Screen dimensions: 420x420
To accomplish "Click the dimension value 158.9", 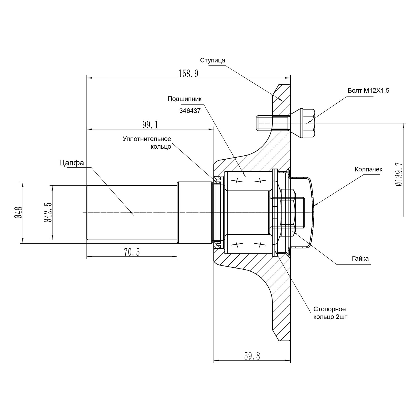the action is pos(188,74).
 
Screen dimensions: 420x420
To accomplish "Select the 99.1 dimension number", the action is pos(150,125).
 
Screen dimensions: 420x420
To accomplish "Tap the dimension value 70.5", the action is pos(132,252).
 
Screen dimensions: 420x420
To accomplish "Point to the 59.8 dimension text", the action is pos(252,356).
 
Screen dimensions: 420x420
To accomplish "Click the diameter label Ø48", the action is pos(18,213).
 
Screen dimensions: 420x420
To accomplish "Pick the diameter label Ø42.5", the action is pos(48,213).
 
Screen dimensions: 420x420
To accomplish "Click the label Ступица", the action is pos(213,60).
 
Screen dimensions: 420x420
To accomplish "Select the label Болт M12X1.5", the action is pos(368,90).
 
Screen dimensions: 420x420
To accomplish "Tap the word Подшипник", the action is pos(185,99).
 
